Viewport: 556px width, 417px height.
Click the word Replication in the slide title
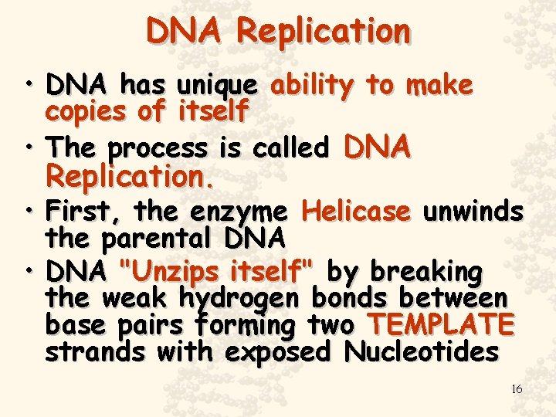pyautogui.click(x=324, y=32)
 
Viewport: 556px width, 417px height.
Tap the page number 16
pyautogui.click(x=517, y=389)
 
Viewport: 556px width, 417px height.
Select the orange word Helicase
pyautogui.click(x=356, y=211)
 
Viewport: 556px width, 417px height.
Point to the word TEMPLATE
pyautogui.click(x=441, y=325)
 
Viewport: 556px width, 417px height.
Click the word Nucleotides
pyautogui.click(x=422, y=352)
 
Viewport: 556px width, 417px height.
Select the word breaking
pyautogui.click(x=427, y=273)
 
